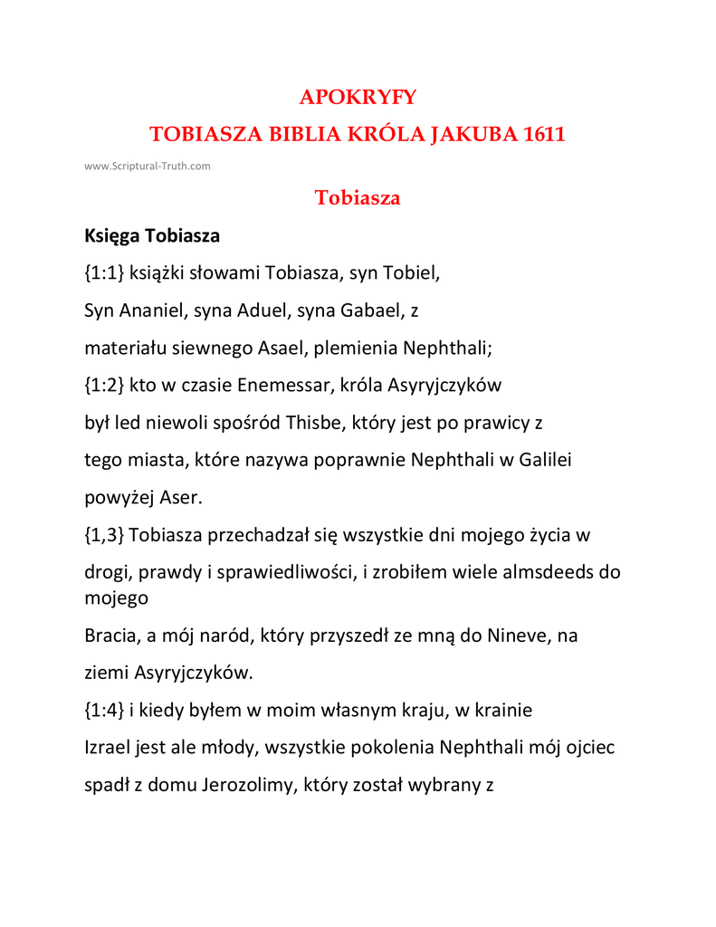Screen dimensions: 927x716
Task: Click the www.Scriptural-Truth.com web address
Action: click(x=148, y=166)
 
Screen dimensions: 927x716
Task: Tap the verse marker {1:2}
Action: click(x=104, y=385)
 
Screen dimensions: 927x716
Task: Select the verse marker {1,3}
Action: click(x=104, y=535)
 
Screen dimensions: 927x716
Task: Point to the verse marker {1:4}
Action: click(x=104, y=711)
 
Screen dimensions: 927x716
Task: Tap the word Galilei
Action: click(x=545, y=460)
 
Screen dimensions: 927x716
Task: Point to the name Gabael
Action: click(x=370, y=311)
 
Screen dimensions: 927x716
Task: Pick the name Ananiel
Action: click(x=149, y=311)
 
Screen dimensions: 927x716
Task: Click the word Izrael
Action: click(x=108, y=748)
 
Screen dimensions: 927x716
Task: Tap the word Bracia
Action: click(x=110, y=636)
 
